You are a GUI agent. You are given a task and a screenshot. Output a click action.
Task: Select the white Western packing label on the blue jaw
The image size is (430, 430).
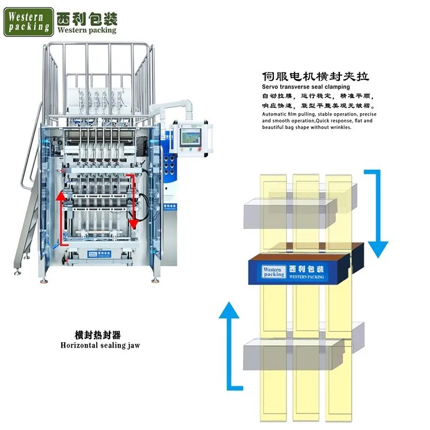click(274, 271)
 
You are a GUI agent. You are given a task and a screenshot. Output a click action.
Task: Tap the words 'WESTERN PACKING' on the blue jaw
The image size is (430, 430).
click(307, 277)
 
